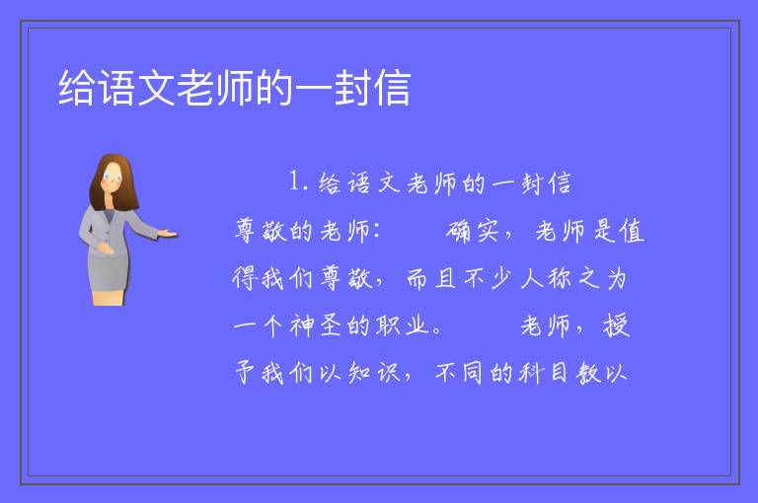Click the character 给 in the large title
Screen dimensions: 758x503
(77, 88)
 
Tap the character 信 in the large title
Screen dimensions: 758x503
(392, 88)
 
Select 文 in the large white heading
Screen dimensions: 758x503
(156, 88)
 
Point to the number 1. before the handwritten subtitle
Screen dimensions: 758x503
(298, 181)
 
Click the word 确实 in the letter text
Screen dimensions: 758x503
(473, 231)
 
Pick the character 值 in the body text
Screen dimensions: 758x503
(633, 231)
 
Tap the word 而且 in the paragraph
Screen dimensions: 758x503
(431, 278)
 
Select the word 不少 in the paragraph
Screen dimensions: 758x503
(488, 278)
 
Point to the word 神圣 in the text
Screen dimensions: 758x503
(315, 325)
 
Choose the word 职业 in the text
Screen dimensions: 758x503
(402, 325)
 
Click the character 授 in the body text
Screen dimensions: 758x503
(616, 325)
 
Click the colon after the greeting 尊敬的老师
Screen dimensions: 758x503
(376, 231)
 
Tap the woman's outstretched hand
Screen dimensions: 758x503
(168, 234)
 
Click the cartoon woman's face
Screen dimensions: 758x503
(113, 178)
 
